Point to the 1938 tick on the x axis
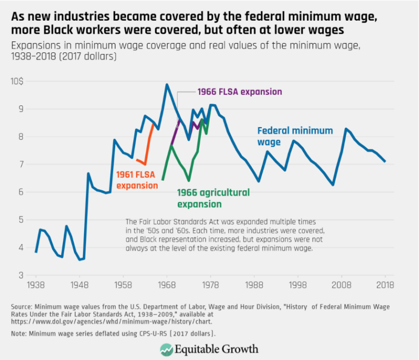click(x=35, y=285)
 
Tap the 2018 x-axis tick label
click(x=385, y=285)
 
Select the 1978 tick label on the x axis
click(x=210, y=285)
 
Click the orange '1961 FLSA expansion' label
click(x=136, y=180)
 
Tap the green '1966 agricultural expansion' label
click(x=213, y=198)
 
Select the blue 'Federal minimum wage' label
click(x=294, y=136)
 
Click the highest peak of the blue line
click(x=167, y=85)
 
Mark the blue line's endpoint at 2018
click(x=385, y=161)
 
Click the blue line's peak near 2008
click(x=345, y=129)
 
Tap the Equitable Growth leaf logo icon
click(x=166, y=349)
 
